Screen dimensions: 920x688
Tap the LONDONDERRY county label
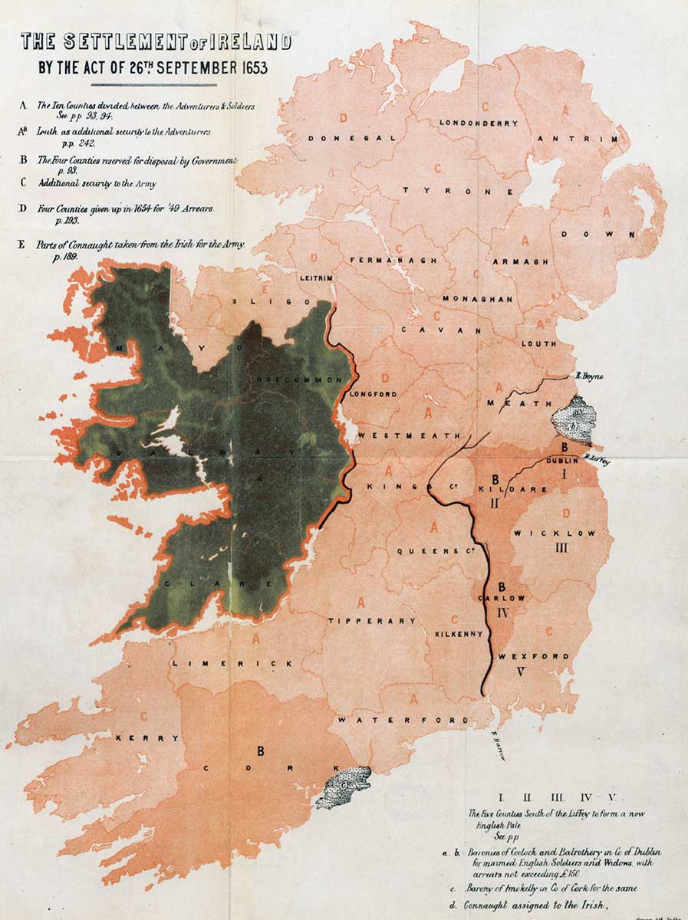478,123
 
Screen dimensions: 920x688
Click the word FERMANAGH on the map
393,261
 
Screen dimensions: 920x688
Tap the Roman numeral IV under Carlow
503,613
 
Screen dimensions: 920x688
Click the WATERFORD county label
403,721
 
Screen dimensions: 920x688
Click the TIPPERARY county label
372,620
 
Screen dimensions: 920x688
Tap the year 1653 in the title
246,67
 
